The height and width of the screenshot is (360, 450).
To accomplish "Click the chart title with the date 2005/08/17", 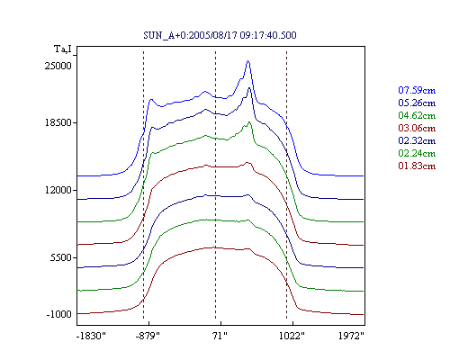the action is [220, 35].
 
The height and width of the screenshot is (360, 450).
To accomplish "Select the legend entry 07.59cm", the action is [417, 90].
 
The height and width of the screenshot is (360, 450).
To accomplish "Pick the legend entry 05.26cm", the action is [417, 103].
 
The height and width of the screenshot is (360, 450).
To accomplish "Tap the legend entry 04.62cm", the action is [417, 115].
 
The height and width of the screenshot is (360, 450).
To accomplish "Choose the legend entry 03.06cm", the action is [417, 128].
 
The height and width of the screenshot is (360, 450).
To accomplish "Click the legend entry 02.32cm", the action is [417, 140].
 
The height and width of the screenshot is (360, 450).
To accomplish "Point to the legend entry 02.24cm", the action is [417, 153].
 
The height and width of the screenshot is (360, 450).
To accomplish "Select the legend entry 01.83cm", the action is [417, 166].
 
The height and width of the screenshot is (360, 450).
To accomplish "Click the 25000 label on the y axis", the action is [58, 66].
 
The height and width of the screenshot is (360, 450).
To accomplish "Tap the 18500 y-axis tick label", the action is [58, 122].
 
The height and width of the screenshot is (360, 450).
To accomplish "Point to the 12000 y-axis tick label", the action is [58, 190].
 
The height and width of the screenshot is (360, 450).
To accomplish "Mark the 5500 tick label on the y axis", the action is [61, 257].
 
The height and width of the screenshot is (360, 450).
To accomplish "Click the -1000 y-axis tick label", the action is [59, 314].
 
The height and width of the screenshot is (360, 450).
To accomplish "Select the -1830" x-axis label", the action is [91, 336].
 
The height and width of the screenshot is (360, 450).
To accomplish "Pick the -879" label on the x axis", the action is [148, 336].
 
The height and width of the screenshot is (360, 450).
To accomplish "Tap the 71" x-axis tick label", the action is [220, 336].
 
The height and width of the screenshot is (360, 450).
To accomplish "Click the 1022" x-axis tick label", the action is [292, 336].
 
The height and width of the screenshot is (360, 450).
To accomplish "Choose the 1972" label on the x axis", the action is [351, 336].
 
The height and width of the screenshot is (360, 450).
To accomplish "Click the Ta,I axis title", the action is [63, 49].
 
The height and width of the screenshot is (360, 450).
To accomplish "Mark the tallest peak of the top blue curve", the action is [248, 61].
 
